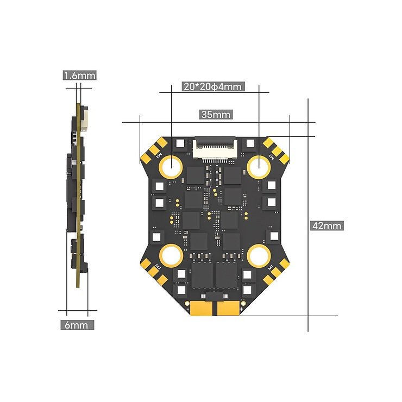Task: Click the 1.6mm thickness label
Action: [x=79, y=76]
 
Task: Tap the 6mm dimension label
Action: [x=76, y=325]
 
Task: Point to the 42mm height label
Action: [x=326, y=225]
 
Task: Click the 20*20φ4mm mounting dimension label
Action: [x=212, y=86]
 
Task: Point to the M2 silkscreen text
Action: [x=269, y=155]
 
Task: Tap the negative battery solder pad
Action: [x=201, y=309]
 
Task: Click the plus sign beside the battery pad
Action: [x=241, y=309]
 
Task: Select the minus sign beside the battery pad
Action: [x=188, y=309]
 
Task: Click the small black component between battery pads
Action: [x=215, y=297]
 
